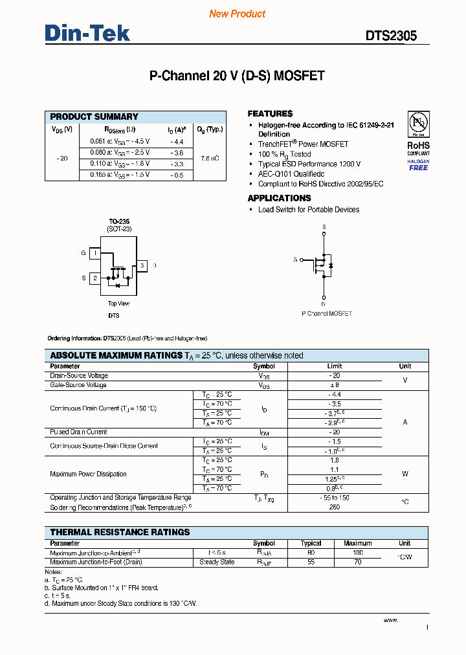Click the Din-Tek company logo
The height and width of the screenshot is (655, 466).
pyautogui.click(x=87, y=33)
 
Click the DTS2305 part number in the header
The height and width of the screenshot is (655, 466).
pyautogui.click(x=391, y=36)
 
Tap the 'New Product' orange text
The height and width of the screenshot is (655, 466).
pyautogui.click(x=237, y=14)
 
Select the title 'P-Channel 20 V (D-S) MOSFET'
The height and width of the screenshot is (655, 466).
pyautogui.click(x=236, y=76)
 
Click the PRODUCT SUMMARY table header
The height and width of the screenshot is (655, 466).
pyautogui.click(x=94, y=117)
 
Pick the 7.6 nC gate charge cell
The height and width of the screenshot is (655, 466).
pyautogui.click(x=209, y=158)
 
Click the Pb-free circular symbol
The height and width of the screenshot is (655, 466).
pyautogui.click(x=418, y=123)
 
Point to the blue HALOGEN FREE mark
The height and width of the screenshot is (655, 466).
pyautogui.click(x=418, y=164)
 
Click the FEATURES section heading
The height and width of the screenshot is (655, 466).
pyautogui.click(x=270, y=113)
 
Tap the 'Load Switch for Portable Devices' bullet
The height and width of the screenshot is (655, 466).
pyautogui.click(x=308, y=210)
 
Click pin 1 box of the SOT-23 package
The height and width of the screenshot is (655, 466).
pyautogui.click(x=95, y=254)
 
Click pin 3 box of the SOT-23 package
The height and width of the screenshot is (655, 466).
pyautogui.click(x=142, y=265)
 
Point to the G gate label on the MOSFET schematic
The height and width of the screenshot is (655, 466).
pyautogui.click(x=295, y=260)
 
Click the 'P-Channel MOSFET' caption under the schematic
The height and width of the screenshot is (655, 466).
pyautogui.click(x=327, y=313)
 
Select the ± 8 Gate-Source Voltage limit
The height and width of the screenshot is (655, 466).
pyautogui.click(x=335, y=385)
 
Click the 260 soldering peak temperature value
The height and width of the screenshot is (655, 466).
pyautogui.click(x=335, y=507)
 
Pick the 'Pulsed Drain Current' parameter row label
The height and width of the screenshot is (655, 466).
pyautogui.click(x=79, y=432)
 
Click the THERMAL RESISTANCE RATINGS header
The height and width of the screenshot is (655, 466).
pyautogui.click(x=120, y=532)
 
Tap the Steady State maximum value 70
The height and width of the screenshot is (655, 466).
pyautogui.click(x=357, y=562)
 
